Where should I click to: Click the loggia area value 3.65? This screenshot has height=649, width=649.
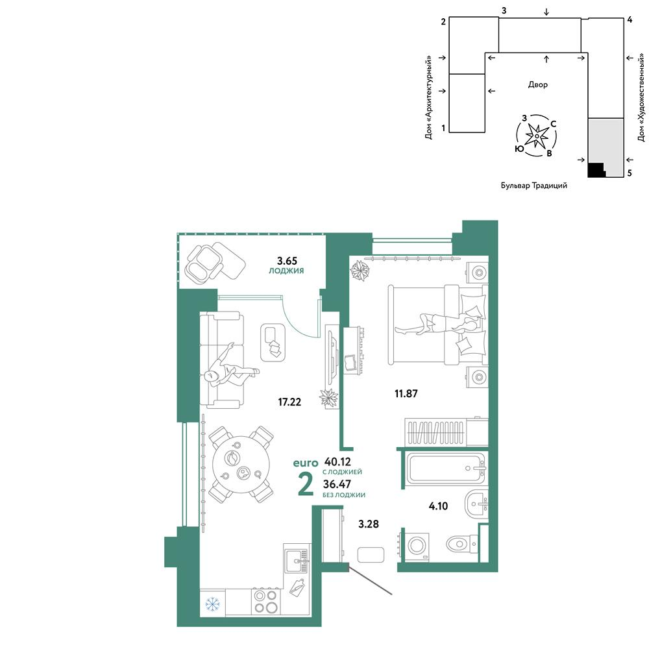[287, 261]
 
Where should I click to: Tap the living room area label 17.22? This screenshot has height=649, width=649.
[289, 402]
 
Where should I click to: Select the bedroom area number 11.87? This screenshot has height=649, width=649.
[406, 393]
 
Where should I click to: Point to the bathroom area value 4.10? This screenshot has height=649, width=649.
[438, 506]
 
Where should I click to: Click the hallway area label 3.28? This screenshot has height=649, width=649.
[369, 524]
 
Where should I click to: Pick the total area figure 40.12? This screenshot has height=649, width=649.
[337, 461]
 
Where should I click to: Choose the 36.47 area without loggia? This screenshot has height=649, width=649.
[337, 484]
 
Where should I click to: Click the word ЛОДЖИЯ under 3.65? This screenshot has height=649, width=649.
[286, 271]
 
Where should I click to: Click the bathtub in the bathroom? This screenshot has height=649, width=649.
[446, 469]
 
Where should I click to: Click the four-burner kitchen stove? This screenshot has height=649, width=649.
[265, 602]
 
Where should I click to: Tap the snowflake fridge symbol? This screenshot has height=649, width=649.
[213, 605]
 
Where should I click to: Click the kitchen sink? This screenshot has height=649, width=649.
[297, 561]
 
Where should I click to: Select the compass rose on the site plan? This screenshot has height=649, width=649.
[537, 136]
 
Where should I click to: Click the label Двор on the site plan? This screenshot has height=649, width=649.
[537, 84]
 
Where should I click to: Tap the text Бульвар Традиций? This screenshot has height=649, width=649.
[534, 186]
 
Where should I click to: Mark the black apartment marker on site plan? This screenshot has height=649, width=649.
[596, 169]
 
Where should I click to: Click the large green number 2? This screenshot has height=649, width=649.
[306, 484]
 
